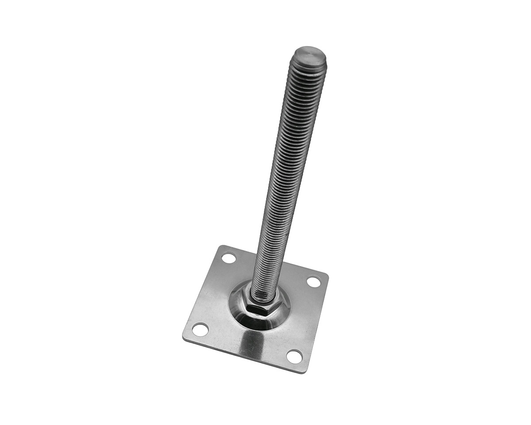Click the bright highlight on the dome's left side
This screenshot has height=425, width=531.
pos(235,305)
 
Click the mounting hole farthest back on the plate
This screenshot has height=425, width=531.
pos(229,257)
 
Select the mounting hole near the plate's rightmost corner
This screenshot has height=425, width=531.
pos(313,281)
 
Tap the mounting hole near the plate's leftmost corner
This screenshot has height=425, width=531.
pos(200,329)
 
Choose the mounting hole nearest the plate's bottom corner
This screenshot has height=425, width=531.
pos(294,355)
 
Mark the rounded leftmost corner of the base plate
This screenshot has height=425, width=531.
pos(184,334)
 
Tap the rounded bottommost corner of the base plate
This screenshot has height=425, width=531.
pos(304,371)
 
